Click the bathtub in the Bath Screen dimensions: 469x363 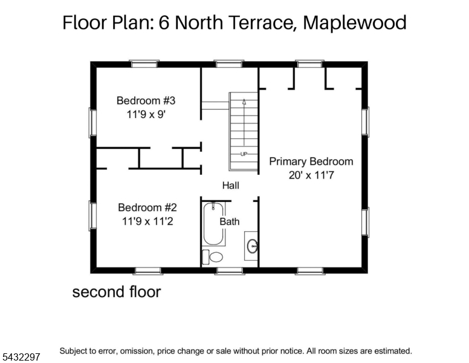click(213, 224)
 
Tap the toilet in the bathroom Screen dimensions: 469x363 click(213, 257)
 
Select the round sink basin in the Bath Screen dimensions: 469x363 click(253, 246)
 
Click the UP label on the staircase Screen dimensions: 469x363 click(244, 154)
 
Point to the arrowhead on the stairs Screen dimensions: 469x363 click(244, 102)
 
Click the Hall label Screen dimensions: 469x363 click(231, 185)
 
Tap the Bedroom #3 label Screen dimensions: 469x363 click(146, 100)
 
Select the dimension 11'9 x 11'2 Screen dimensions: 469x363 click(147, 221)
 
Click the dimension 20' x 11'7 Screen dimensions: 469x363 click(311, 175)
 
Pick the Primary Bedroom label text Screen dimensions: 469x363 click(311, 162)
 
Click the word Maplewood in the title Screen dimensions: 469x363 click(355, 22)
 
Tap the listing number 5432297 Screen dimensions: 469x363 click(21, 357)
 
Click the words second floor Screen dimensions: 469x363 click(117, 292)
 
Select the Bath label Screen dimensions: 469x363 click(230, 221)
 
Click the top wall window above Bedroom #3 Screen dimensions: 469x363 click(144, 64)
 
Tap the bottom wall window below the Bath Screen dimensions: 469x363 click(230, 271)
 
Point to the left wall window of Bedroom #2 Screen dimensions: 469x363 click(92, 215)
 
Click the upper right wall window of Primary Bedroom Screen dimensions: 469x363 click(365, 122)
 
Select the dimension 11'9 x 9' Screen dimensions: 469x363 click(146, 114)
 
